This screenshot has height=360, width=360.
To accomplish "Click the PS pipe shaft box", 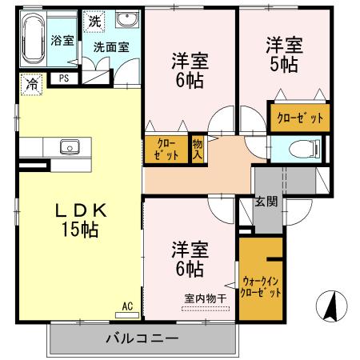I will (x=63, y=78).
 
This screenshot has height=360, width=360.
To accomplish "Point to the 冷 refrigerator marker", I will (x=31, y=82).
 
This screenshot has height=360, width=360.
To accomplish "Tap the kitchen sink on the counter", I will (x=67, y=147).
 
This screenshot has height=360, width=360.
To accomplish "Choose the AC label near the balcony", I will (x=127, y=305).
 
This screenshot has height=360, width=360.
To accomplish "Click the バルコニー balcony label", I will (x=142, y=338).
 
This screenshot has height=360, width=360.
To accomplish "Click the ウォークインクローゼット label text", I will (x=261, y=286).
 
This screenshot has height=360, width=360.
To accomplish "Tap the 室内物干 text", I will (x=206, y=298).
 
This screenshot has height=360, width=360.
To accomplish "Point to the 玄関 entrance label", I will (x=266, y=202).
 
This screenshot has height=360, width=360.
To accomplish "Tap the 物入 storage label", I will (x=198, y=149).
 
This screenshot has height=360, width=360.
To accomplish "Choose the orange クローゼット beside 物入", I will (x=166, y=149).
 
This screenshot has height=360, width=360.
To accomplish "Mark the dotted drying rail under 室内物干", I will (x=205, y=307).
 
